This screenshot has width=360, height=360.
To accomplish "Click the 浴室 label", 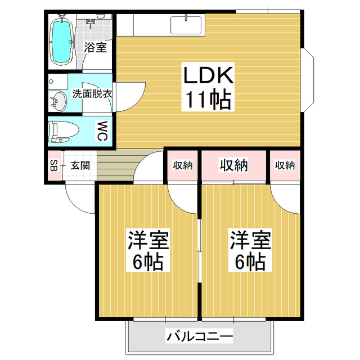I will pyautogui.click(x=95, y=47).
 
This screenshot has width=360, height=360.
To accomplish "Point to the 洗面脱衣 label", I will pyautogui.click(x=92, y=94).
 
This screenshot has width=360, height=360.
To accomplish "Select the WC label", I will pyautogui.click(x=103, y=132).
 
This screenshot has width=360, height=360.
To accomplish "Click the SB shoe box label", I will pyautogui.click(x=53, y=166).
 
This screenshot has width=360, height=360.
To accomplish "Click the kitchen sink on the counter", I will pyautogui.click(x=186, y=25).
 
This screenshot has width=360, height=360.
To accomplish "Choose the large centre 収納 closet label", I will pyautogui.click(x=233, y=165).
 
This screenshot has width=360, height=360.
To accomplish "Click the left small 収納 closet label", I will pyautogui.click(x=182, y=165).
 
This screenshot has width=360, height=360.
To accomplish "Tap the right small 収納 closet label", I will pyautogui.click(x=285, y=165).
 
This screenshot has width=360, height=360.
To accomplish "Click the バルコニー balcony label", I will pyautogui.click(x=199, y=337).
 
